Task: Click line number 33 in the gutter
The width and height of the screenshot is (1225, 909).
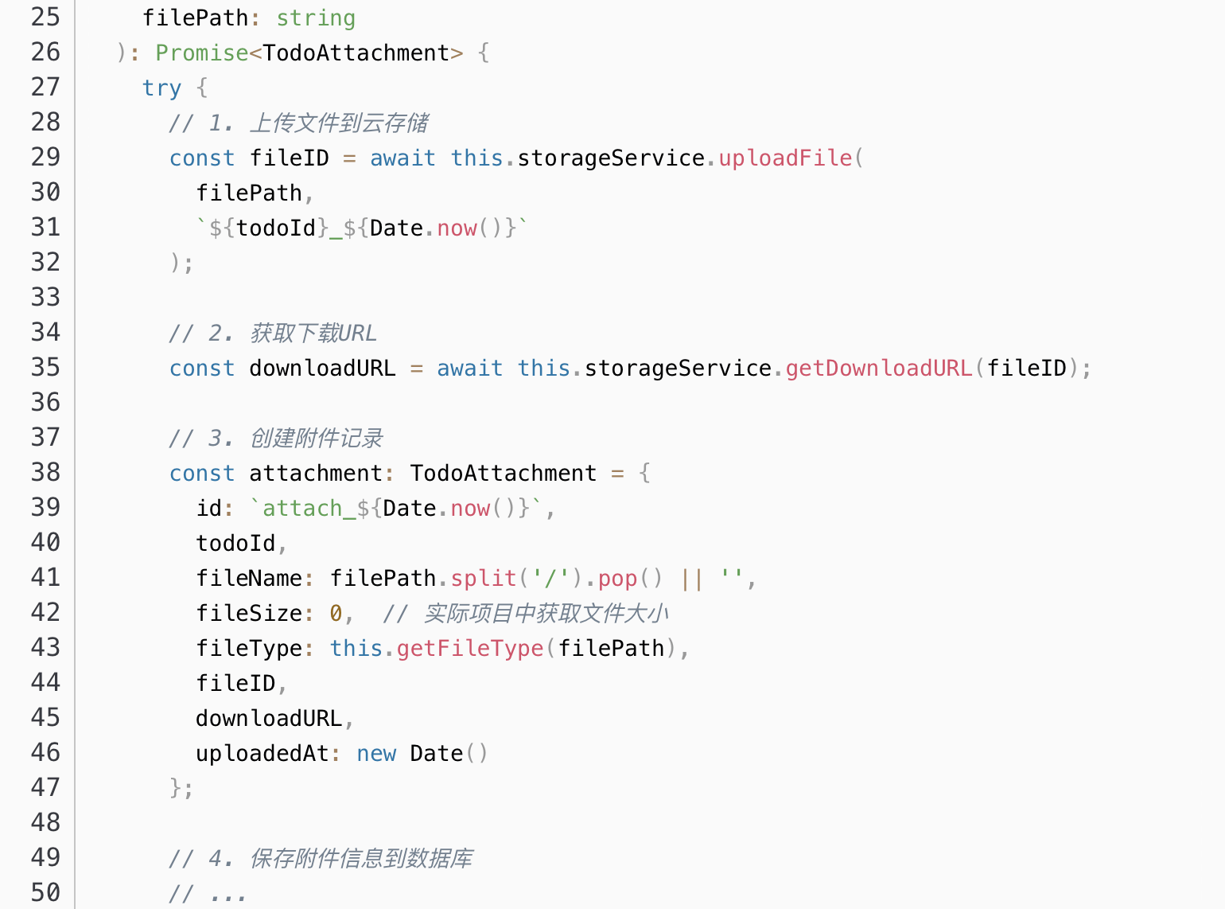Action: (x=45, y=297)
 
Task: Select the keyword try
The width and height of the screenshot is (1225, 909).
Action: (x=161, y=88)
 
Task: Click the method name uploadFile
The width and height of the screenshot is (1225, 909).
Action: (x=785, y=158)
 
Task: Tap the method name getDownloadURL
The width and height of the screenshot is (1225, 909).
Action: (x=879, y=368)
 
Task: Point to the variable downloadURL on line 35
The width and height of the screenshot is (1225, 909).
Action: (x=322, y=368)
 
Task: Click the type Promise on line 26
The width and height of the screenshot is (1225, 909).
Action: (x=202, y=53)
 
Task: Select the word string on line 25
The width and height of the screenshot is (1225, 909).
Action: (x=316, y=18)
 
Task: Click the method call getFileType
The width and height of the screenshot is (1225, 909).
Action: (x=469, y=648)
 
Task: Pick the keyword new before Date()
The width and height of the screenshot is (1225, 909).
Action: (x=376, y=753)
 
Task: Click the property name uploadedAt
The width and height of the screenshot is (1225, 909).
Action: (x=262, y=753)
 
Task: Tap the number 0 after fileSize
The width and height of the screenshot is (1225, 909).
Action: (x=336, y=613)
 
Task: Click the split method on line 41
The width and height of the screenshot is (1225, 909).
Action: (x=484, y=578)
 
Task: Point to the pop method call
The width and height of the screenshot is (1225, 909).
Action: (x=618, y=578)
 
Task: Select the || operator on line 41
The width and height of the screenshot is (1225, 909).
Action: (x=692, y=578)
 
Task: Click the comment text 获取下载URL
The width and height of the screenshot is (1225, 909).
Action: (x=313, y=333)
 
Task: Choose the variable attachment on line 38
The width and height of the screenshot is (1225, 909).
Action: (x=316, y=473)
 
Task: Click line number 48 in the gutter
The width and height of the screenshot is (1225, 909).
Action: (x=45, y=822)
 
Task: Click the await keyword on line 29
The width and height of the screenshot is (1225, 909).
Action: (x=402, y=158)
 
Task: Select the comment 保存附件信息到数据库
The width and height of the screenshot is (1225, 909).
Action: (x=361, y=858)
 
